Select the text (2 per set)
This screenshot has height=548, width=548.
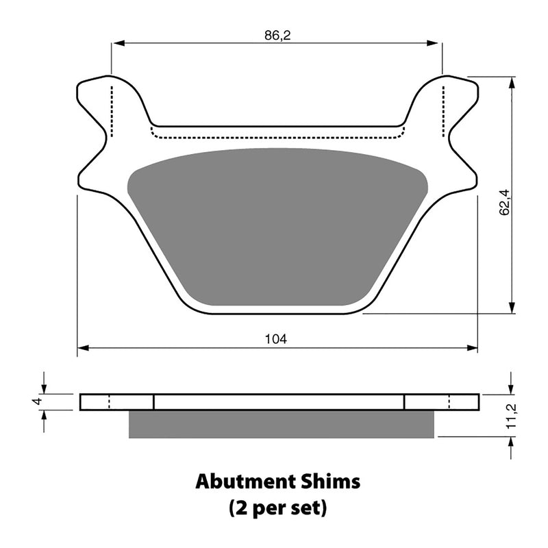pyautogui.click(x=277, y=509)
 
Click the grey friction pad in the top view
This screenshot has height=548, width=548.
pyautogui.click(x=277, y=226)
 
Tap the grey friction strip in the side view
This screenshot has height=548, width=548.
pyautogui.click(x=281, y=425)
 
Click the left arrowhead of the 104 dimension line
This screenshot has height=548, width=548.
pyautogui.click(x=82, y=348)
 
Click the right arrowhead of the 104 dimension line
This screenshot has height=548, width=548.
pyautogui.click(x=473, y=348)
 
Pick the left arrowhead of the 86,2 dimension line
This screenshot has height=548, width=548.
pyautogui.click(x=116, y=44)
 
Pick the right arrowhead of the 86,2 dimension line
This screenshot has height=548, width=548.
pyautogui.click(x=436, y=44)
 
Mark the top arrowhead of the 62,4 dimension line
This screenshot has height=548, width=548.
pyautogui.click(x=512, y=82)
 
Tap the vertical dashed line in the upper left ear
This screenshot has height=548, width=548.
pyautogui.click(x=110, y=110)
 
